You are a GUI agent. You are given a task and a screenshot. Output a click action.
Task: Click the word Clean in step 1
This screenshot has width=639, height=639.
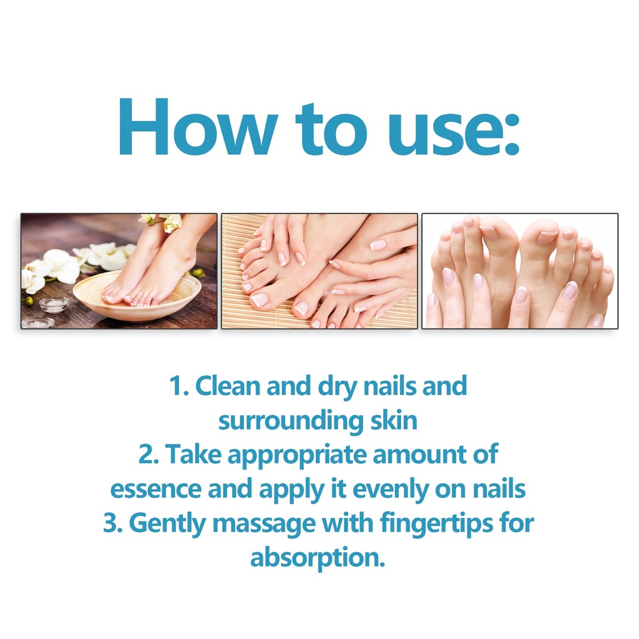[x=227, y=386]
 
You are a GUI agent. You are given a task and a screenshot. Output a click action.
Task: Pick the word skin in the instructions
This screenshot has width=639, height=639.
[x=394, y=420]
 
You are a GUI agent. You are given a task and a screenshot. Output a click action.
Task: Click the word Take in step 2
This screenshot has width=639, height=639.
[x=193, y=454]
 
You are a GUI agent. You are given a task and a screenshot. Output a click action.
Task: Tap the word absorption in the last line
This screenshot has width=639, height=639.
[x=318, y=559]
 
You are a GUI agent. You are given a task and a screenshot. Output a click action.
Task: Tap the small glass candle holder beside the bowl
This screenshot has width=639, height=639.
[x=54, y=305]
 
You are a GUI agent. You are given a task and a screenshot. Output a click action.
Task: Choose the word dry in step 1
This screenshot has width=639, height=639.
[x=336, y=388]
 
